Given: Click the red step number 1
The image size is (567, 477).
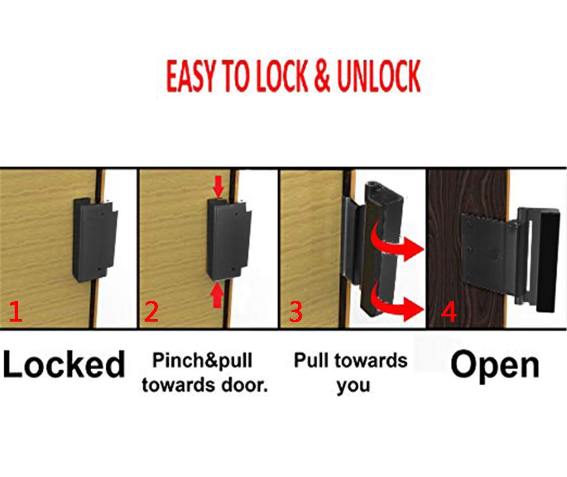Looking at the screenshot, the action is [16, 312].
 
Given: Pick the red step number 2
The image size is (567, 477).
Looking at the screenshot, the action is [151, 312].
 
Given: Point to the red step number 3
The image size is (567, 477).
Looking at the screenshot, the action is [295, 312].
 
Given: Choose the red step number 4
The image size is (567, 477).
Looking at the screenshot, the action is [449, 312].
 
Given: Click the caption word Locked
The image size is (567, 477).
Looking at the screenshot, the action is [64, 365].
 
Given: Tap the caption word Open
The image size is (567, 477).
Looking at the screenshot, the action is [495, 365].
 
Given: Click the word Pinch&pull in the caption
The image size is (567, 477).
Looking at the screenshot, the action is [202, 361].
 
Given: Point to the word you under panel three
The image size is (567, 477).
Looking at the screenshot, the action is [353, 385].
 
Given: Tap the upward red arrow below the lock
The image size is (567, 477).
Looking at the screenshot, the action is [217, 298].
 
